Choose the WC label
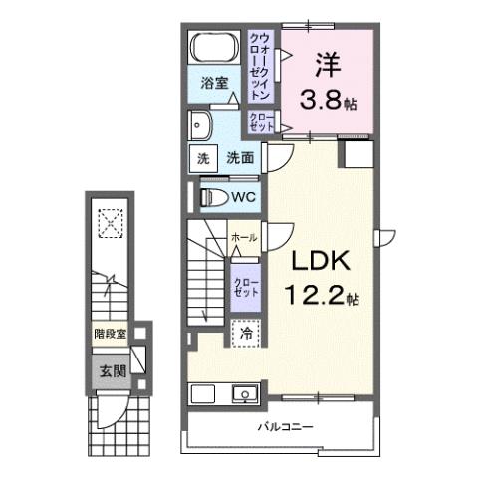click(245, 196)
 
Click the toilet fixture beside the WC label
click(211, 195)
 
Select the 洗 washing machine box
click(201, 158)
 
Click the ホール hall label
click(244, 238)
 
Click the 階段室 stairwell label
click(110, 337)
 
